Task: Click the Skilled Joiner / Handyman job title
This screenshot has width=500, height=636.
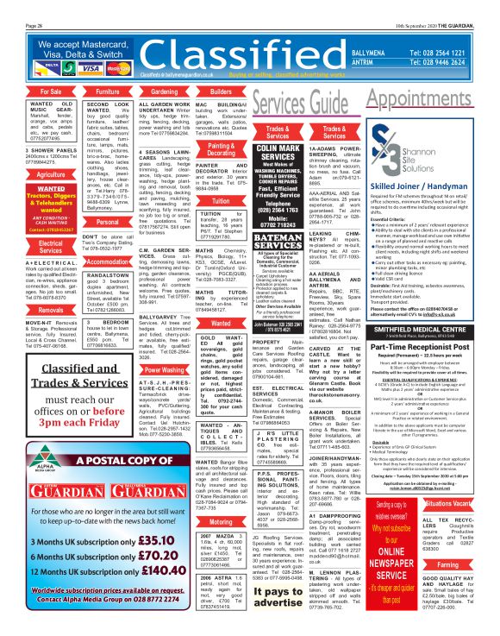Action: [x=419, y=185]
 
